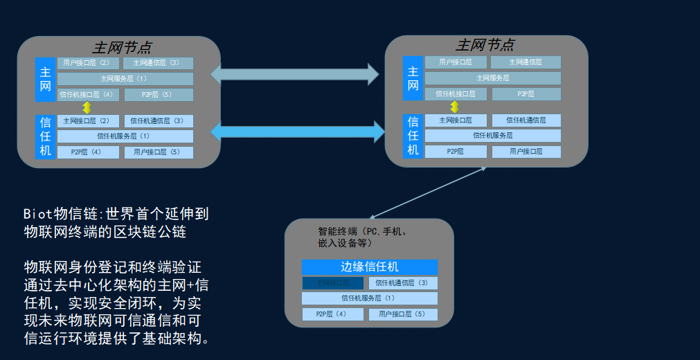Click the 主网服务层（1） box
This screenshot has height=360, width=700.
(125, 79)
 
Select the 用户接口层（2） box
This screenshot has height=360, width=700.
(88, 63)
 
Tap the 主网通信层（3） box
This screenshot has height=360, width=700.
(159, 63)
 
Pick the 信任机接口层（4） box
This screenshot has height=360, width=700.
(88, 95)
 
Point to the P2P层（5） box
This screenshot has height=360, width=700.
(159, 95)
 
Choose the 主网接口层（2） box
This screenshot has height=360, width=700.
(88, 120)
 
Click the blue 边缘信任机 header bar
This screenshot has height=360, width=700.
(369, 267)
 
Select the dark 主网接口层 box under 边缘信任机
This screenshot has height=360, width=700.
(332, 282)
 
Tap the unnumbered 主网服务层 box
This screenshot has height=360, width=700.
(492, 78)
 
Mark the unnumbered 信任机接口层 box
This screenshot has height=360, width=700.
(457, 94)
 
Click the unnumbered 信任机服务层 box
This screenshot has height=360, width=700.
(492, 136)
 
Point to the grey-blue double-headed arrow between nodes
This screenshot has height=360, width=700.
(294, 73)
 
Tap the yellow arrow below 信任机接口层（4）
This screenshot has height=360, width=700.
(87, 107)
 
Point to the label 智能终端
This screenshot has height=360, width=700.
(337, 231)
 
